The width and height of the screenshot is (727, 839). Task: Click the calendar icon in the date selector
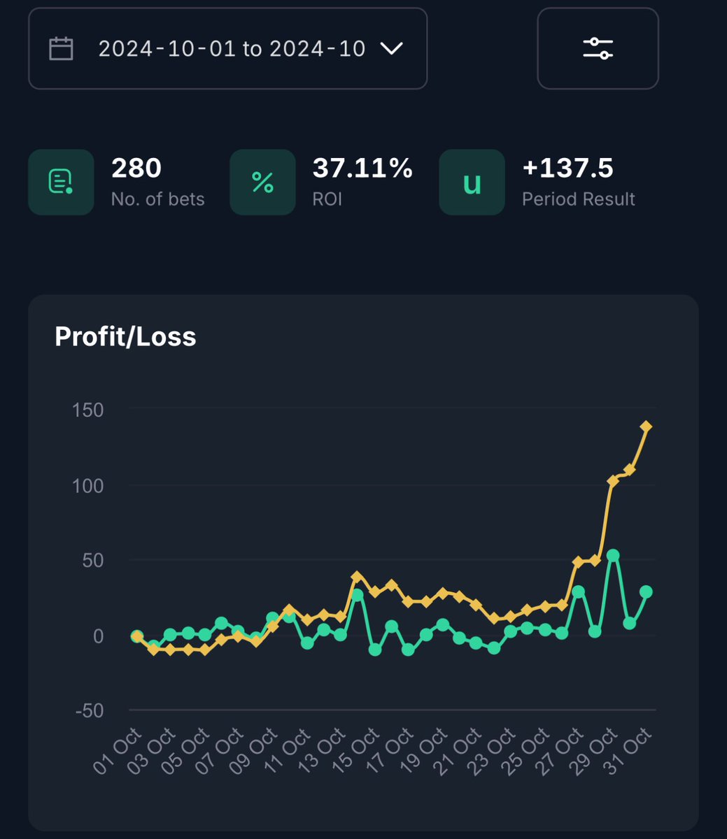coord(61,49)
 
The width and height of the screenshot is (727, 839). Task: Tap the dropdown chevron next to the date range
coord(391,48)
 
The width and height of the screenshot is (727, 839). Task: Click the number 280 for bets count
coord(136,168)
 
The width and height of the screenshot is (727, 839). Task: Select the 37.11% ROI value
coord(362,168)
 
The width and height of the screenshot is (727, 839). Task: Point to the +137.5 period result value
coord(567,168)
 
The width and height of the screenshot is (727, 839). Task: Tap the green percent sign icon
coord(263,182)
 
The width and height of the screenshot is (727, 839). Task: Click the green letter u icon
coord(472,184)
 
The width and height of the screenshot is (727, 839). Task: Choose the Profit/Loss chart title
coord(125,336)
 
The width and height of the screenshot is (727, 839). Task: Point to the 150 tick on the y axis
coord(87,410)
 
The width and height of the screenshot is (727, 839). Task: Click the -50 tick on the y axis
coord(90,711)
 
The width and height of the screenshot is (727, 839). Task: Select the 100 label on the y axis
coord(87,486)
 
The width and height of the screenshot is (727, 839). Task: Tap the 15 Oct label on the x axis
coord(355,751)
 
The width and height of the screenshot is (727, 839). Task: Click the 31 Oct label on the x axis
coord(627,751)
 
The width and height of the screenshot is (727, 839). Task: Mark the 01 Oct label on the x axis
coord(118,751)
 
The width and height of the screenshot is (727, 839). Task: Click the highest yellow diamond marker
coord(646,426)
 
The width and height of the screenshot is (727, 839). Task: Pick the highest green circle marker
coord(613,555)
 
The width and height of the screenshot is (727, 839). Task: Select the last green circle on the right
coord(646,591)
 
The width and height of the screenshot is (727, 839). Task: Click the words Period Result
coord(579,199)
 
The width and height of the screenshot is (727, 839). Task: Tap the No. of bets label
coord(158,199)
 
